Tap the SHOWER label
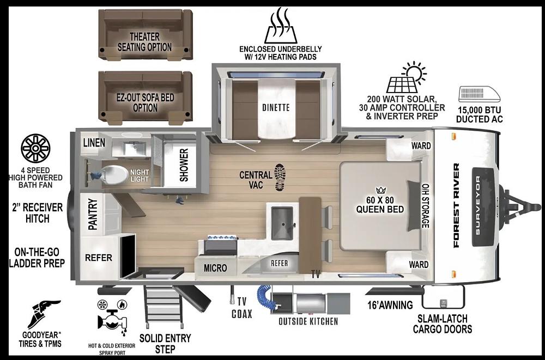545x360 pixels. pyautogui.click(x=184, y=165)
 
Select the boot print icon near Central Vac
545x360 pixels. pyautogui.click(x=280, y=177)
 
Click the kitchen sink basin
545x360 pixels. pyautogui.click(x=282, y=223)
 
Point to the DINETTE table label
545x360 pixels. pyautogui.click(x=276, y=107)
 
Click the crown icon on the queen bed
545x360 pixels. pyautogui.click(x=381, y=190)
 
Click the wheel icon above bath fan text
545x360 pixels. pyautogui.click(x=35, y=148)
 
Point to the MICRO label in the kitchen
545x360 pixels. pyautogui.click(x=215, y=268)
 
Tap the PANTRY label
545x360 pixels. pyautogui.click(x=93, y=214)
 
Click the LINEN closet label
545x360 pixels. pyautogui.click(x=94, y=143)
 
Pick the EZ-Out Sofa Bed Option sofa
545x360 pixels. pyautogui.click(x=146, y=97)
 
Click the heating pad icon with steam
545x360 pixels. pyautogui.click(x=281, y=26)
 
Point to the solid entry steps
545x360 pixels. pyautogui.click(x=162, y=306)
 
